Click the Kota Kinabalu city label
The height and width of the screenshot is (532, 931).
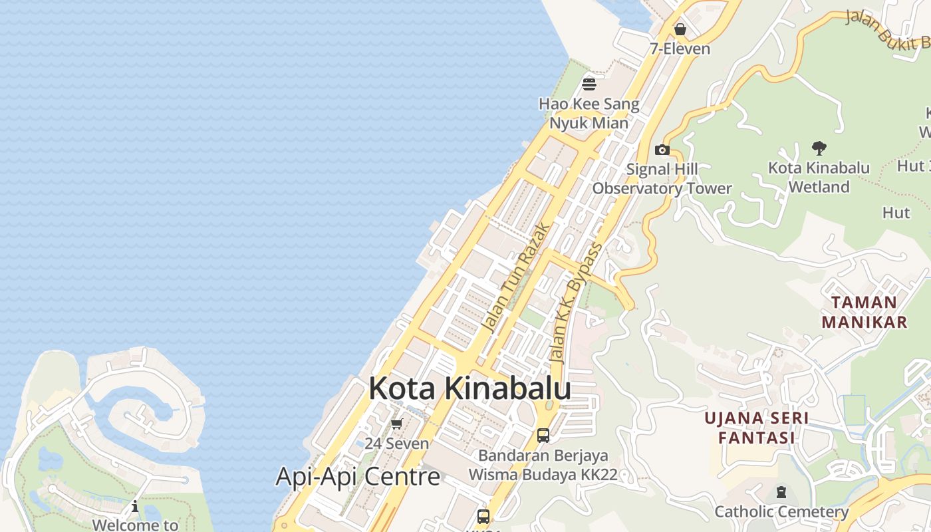pyautogui.click(x=469, y=388)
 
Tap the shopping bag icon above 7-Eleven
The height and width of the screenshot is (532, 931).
pyautogui.click(x=680, y=29)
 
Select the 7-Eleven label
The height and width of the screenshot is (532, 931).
pyautogui.click(x=680, y=49)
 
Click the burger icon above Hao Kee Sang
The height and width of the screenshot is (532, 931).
pyautogui.click(x=589, y=84)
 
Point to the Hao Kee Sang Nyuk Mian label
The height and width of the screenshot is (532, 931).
pyautogui.click(x=589, y=113)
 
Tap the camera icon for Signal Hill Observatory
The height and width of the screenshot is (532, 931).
pyautogui.click(x=662, y=150)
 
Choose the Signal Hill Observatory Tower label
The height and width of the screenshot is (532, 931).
pyautogui.click(x=662, y=179)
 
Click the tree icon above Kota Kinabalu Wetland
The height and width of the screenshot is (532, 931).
pyautogui.click(x=819, y=148)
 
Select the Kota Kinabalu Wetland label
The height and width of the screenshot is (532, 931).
pyautogui.click(x=819, y=177)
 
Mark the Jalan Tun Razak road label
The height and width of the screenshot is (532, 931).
pyautogui.click(x=516, y=278)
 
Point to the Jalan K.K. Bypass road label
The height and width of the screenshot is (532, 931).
pyautogui.click(x=576, y=303)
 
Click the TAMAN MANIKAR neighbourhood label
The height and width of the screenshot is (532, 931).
pyautogui.click(x=864, y=312)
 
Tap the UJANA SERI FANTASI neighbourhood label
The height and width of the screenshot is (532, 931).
pyautogui.click(x=757, y=428)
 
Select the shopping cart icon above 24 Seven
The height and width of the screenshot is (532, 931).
pyautogui.click(x=396, y=424)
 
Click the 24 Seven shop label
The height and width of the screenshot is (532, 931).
pyautogui.click(x=396, y=443)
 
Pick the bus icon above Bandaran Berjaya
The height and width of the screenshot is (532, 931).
pyautogui.click(x=543, y=436)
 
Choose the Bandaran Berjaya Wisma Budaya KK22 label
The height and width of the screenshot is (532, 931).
pyautogui.click(x=543, y=465)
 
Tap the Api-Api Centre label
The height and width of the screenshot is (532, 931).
pyautogui.click(x=358, y=476)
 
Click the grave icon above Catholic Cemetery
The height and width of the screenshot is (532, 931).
pyautogui.click(x=781, y=492)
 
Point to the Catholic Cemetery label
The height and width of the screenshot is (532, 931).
pyautogui.click(x=781, y=511)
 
